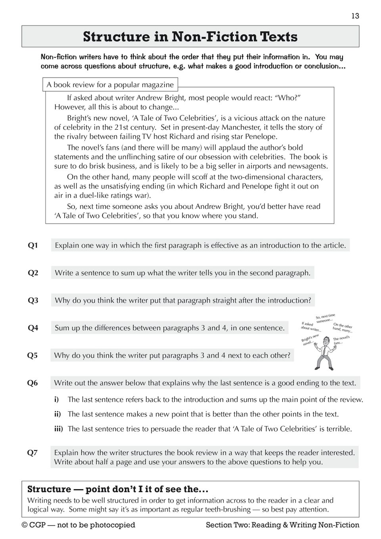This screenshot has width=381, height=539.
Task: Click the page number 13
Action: click(x=355, y=16)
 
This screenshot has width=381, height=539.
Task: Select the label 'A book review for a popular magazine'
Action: click(x=110, y=84)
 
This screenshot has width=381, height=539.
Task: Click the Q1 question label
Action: click(x=33, y=246)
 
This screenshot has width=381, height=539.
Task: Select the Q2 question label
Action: click(x=33, y=273)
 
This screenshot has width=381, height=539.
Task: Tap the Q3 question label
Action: click(x=33, y=300)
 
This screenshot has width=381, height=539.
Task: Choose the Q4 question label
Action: click(x=33, y=328)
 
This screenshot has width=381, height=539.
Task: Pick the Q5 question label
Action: click(x=33, y=356)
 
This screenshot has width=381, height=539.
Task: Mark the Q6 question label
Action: click(x=33, y=383)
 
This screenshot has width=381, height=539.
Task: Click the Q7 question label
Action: click(x=33, y=453)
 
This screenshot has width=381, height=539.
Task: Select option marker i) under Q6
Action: click(x=57, y=399)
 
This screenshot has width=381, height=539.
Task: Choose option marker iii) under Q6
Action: click(x=59, y=429)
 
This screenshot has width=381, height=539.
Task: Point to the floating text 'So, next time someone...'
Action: click(x=325, y=318)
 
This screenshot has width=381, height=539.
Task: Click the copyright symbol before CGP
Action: click(x=25, y=525)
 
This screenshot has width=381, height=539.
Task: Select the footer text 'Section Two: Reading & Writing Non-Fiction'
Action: click(x=282, y=525)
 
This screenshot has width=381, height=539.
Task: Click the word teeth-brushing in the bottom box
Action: click(x=228, y=510)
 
